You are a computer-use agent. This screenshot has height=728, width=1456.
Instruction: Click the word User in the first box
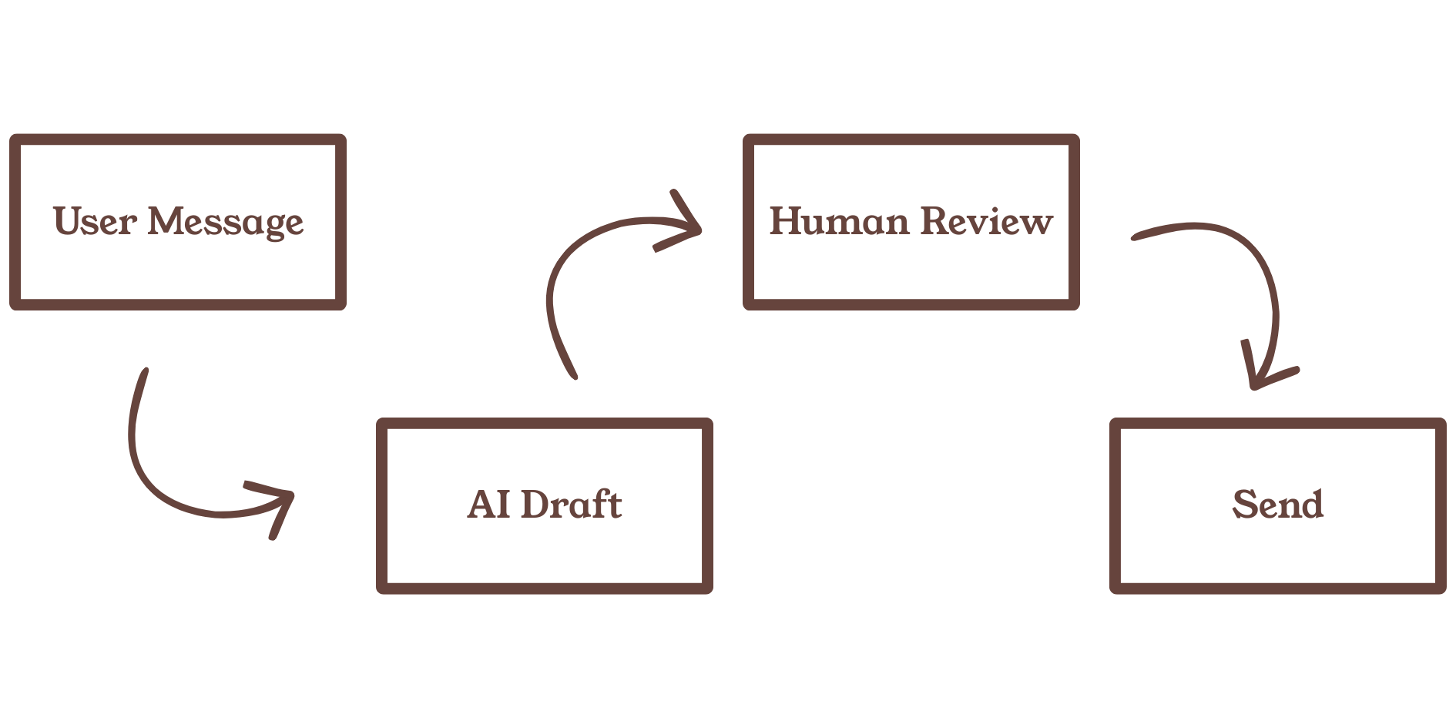point(95,221)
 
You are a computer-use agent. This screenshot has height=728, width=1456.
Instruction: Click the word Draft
point(571,505)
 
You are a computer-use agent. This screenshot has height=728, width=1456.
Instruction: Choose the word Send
point(1278,505)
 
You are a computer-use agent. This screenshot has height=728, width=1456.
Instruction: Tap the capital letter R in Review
point(940,221)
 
